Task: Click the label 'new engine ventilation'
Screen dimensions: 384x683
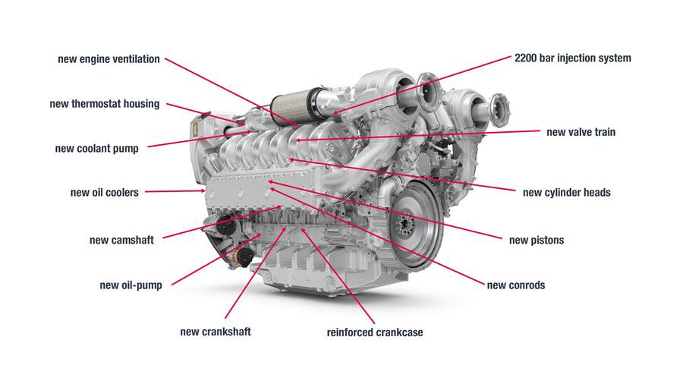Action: pyautogui.click(x=109, y=59)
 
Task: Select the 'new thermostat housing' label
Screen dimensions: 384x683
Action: pyautogui.click(x=105, y=104)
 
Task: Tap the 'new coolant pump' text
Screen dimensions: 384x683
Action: pyautogui.click(x=97, y=149)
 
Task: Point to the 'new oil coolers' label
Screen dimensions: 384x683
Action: pyautogui.click(x=105, y=193)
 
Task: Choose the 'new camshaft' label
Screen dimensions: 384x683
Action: pyautogui.click(x=121, y=241)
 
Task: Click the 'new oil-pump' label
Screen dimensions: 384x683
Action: pyautogui.click(x=131, y=286)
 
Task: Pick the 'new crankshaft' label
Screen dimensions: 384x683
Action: pyautogui.click(x=215, y=332)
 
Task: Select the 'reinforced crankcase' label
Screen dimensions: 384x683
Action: pyautogui.click(x=375, y=332)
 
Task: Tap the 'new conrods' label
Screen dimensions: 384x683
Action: pyautogui.click(x=516, y=285)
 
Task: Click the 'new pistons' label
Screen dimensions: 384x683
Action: pyautogui.click(x=537, y=241)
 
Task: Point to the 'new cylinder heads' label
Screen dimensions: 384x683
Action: pyautogui.click(x=566, y=193)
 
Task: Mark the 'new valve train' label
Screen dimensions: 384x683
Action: pyautogui.click(x=581, y=132)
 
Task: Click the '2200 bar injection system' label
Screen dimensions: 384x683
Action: pyautogui.click(x=572, y=58)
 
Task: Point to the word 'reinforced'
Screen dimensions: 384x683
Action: pyautogui.click(x=351, y=332)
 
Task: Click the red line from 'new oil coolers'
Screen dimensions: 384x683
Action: pyautogui.click(x=174, y=192)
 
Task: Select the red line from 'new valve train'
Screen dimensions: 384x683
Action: pyautogui.click(x=417, y=136)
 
